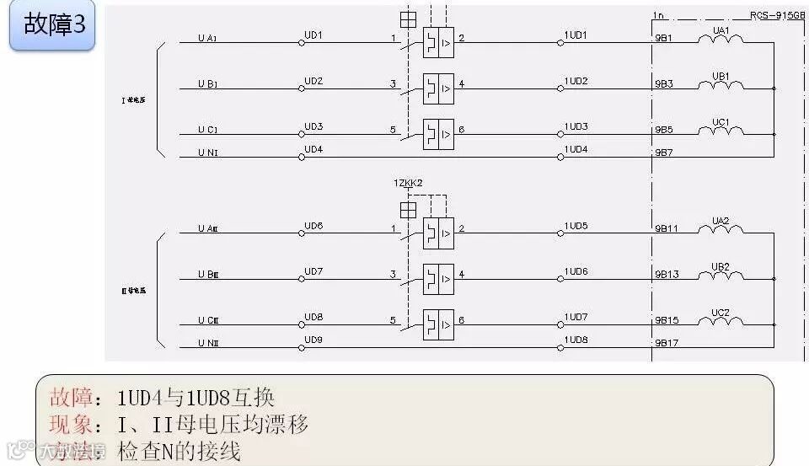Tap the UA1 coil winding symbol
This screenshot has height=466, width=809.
click(x=721, y=39)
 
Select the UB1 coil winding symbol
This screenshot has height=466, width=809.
click(x=721, y=84)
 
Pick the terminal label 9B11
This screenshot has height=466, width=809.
click(x=667, y=228)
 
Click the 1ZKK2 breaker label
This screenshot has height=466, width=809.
click(x=407, y=183)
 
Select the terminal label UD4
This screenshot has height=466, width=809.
click(x=313, y=150)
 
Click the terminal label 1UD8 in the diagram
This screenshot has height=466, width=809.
click(x=576, y=340)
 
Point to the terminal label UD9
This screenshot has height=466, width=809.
click(x=313, y=340)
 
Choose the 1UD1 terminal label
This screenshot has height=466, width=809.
click(x=576, y=35)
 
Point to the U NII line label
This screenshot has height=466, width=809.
click(x=207, y=343)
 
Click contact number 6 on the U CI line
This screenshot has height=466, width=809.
click(x=461, y=130)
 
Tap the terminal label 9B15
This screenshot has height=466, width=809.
click(x=667, y=320)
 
